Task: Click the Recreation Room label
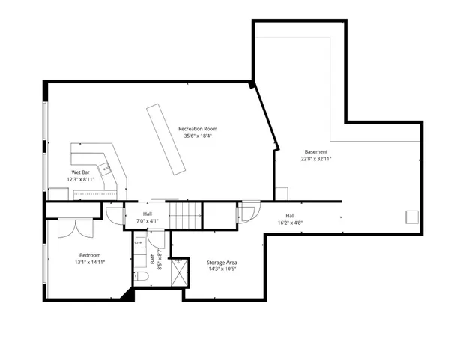tap(202, 129)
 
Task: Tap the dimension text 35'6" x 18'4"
tap(202, 136)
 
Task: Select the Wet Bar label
tap(81, 172)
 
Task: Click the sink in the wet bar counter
tap(106, 169)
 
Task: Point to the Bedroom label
tap(89, 255)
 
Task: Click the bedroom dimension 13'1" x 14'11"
tap(89, 262)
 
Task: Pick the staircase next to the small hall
tap(184, 215)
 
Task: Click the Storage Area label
tap(222, 262)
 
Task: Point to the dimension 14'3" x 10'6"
tap(222, 269)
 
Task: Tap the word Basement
tap(315, 151)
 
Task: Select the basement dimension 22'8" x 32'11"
tap(315, 159)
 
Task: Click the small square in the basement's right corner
tap(411, 216)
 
